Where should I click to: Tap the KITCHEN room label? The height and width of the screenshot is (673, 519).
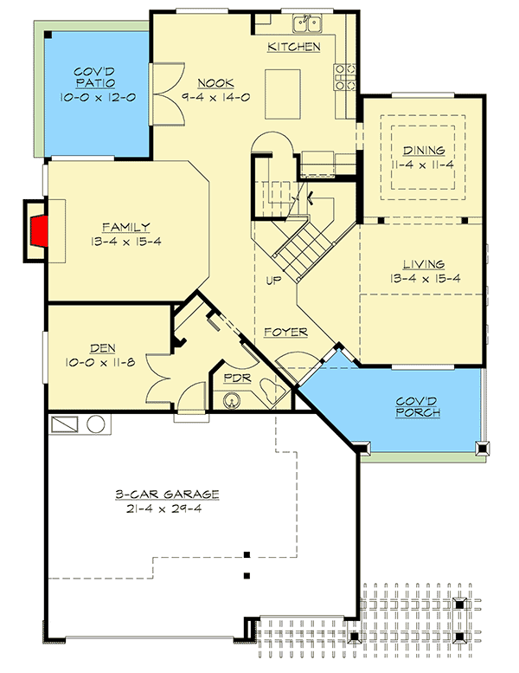[294, 46]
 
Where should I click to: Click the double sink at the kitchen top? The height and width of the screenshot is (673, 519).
[306, 21]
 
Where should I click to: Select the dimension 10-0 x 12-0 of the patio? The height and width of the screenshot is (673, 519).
[98, 97]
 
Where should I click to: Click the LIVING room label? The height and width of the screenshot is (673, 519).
[424, 264]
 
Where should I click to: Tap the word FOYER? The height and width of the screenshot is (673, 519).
[282, 332]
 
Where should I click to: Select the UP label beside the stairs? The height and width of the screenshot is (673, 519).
[273, 280]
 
